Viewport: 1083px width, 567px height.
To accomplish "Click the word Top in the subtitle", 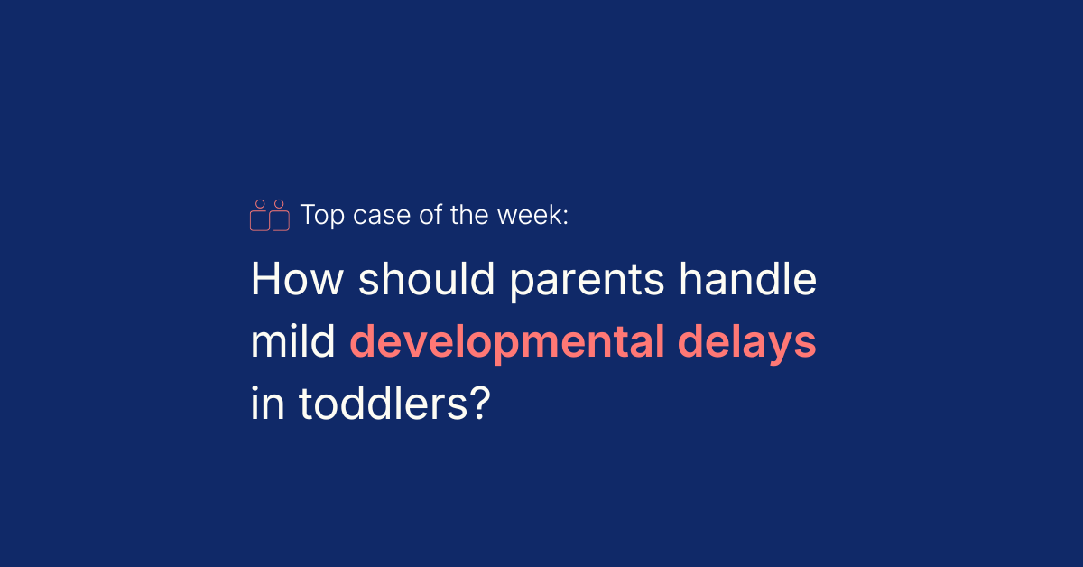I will tap(319, 216).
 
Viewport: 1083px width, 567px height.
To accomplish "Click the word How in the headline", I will tap(297, 281).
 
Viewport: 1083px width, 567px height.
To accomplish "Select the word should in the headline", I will tap(428, 281).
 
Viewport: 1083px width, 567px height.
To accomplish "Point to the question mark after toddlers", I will tap(479, 405).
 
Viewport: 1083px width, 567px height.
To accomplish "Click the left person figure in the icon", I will tap(260, 217).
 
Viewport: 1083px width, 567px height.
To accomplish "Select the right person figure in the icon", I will tap(280, 217).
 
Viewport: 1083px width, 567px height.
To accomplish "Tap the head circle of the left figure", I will tap(260, 204).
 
